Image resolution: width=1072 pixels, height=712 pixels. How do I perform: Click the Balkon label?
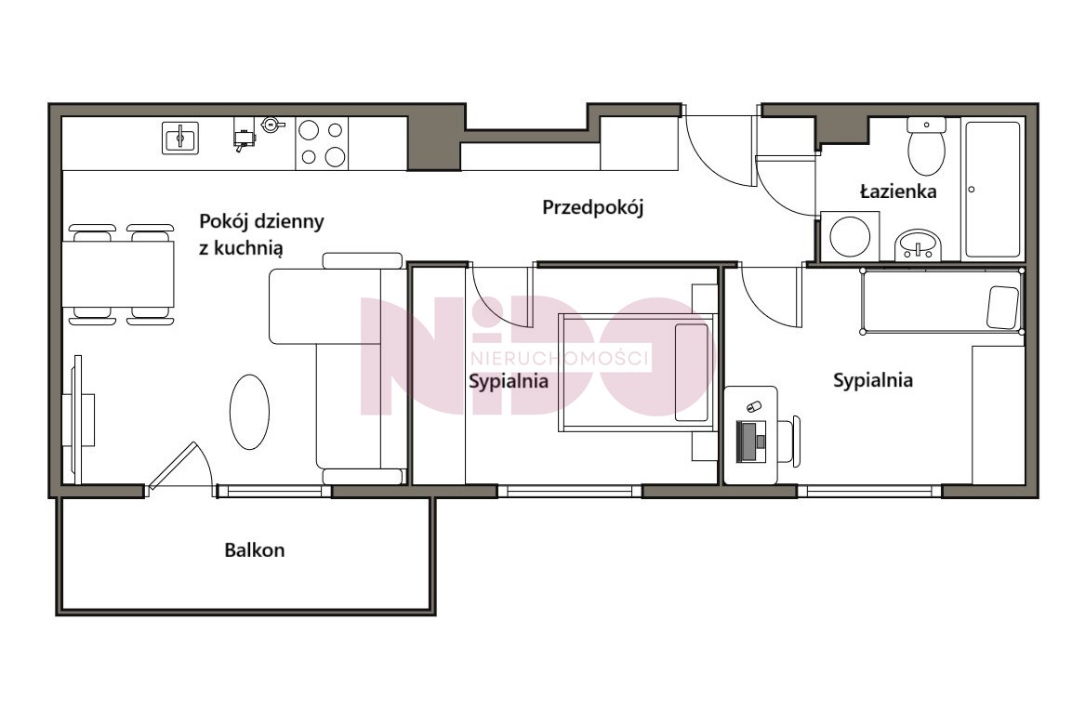pyautogui.click(x=255, y=550)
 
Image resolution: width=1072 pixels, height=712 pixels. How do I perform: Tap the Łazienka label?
pyautogui.click(x=897, y=191)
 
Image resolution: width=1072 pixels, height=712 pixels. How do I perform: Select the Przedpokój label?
pyautogui.click(x=593, y=207)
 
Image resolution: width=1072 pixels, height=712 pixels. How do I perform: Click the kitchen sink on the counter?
pyautogui.click(x=180, y=138)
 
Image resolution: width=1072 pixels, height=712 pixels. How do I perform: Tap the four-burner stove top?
pyautogui.click(x=322, y=143)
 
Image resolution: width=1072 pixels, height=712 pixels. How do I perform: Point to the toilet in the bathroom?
pyautogui.click(x=926, y=146)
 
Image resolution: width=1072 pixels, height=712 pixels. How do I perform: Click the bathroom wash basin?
pyautogui.click(x=919, y=244)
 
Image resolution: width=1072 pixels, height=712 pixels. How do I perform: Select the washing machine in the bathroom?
pyautogui.click(x=850, y=236)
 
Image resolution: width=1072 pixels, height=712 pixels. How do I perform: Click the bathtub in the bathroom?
pyautogui.click(x=993, y=190)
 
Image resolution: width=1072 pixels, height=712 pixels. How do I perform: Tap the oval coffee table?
pyautogui.click(x=249, y=412)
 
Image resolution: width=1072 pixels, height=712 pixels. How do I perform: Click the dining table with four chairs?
pyautogui.click(x=120, y=273)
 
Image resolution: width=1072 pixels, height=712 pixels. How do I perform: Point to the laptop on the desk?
pyautogui.click(x=753, y=442)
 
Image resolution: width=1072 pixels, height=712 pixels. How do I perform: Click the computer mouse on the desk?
pyautogui.click(x=753, y=406)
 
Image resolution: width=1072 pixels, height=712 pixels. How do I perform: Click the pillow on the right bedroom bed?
pyautogui.click(x=1003, y=306)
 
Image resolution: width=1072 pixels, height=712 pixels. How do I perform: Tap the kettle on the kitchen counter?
pyautogui.click(x=271, y=124)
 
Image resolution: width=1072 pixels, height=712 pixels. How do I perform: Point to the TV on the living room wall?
pyautogui.click(x=78, y=419)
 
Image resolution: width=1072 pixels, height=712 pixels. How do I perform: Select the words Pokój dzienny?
pyautogui.click(x=261, y=221)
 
